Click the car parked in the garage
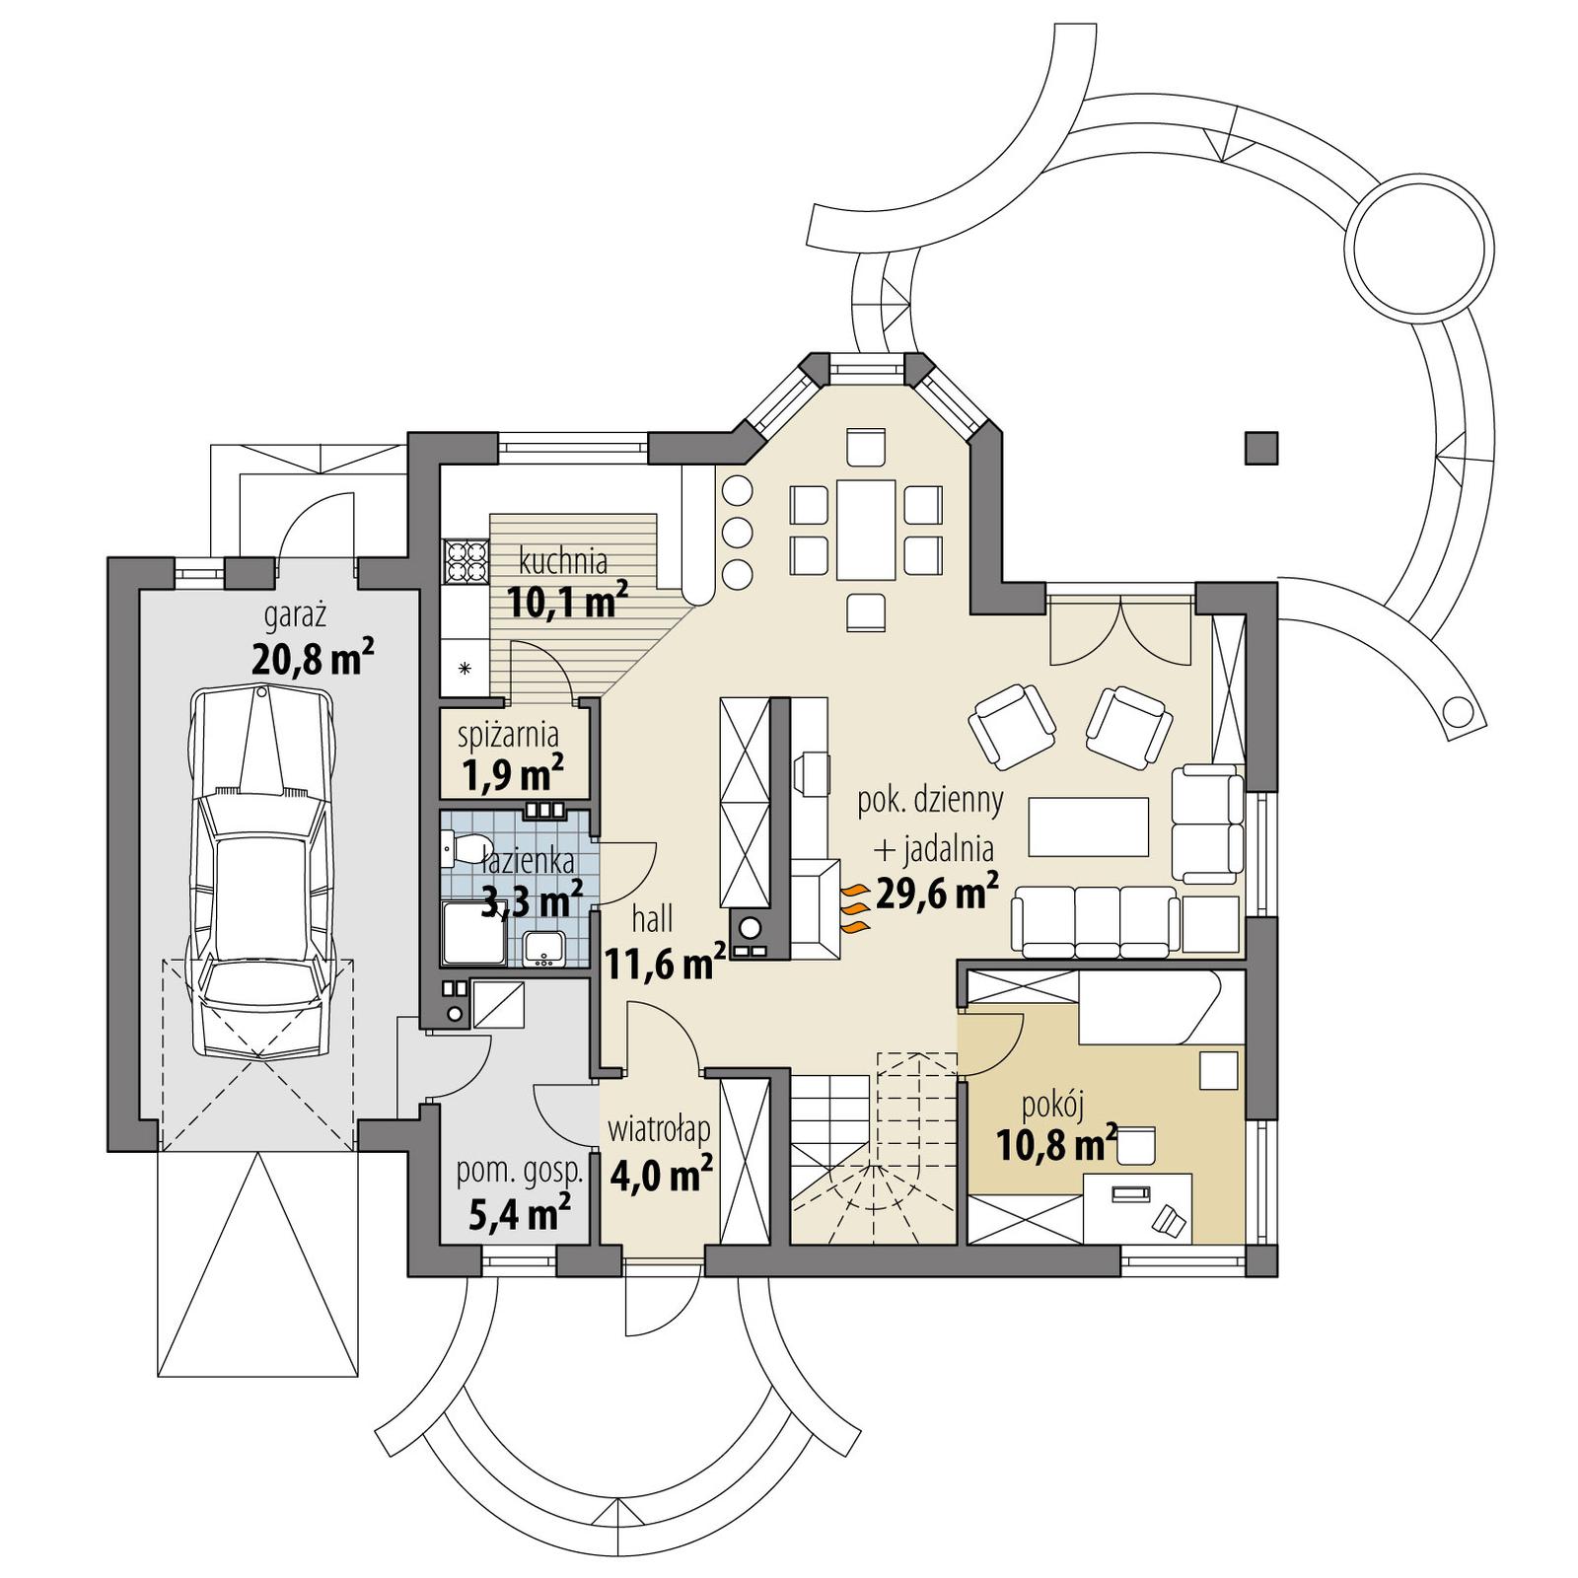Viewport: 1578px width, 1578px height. coord(263,873)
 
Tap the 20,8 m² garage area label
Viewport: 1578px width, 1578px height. coord(312,658)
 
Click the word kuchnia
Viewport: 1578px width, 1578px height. coord(563,562)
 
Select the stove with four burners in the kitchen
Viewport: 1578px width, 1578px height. coord(466,562)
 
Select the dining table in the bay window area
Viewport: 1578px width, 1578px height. coord(865,530)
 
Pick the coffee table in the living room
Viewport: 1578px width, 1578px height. coord(1088,826)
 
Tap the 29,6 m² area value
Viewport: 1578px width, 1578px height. coord(937,894)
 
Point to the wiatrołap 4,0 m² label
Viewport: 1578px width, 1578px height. coord(660,1154)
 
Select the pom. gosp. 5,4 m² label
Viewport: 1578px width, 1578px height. coord(519,1194)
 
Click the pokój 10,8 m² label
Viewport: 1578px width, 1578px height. coord(1055,1129)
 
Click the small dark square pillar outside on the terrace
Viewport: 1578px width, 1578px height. coord(1260,448)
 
